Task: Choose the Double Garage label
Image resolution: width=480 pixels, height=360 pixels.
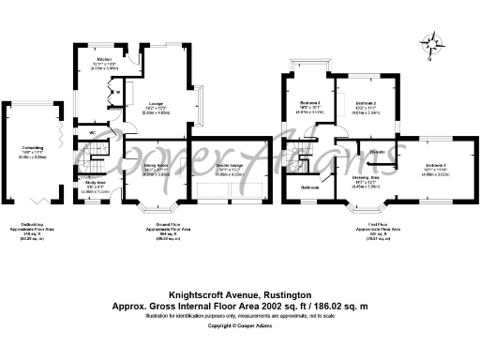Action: (217, 165)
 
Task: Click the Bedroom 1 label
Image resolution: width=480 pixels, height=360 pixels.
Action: (433, 165)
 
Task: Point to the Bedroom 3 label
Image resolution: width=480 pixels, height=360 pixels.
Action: (310, 102)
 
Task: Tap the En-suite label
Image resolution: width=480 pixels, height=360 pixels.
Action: (380, 150)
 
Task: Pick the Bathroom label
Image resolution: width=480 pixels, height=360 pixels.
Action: (308, 187)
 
